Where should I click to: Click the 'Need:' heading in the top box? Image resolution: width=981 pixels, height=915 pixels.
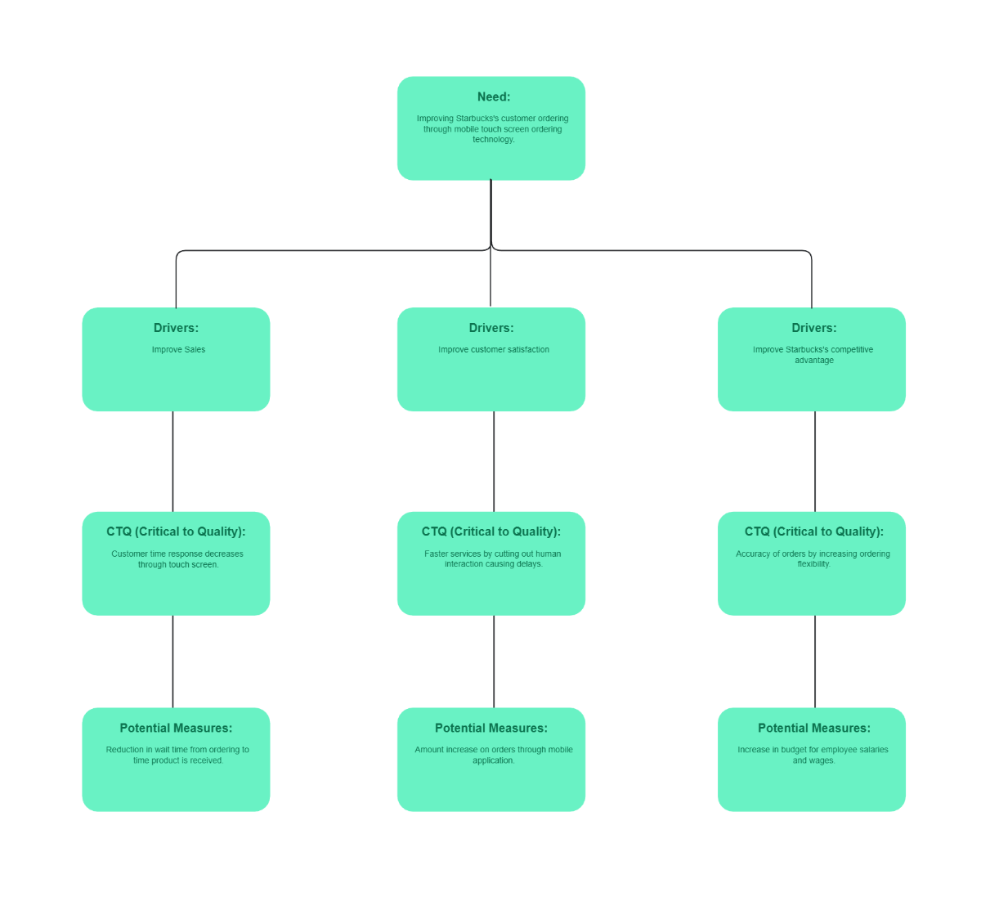click(494, 96)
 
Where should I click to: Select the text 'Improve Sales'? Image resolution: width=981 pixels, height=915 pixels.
click(178, 350)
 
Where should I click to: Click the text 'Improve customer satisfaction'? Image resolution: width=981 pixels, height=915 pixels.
click(494, 350)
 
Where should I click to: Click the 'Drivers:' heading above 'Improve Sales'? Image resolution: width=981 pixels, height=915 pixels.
click(176, 328)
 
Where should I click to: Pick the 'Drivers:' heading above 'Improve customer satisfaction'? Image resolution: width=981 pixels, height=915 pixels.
click(491, 328)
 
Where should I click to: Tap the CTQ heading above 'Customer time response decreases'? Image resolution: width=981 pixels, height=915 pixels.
click(176, 532)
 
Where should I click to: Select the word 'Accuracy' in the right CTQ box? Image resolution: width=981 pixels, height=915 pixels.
click(753, 554)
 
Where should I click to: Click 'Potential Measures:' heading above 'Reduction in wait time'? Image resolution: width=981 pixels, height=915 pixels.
click(176, 728)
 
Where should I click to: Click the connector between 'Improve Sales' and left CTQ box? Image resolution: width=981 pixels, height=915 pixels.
click(172, 461)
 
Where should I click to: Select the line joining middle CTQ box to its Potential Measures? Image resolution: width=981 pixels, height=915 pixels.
click(494, 661)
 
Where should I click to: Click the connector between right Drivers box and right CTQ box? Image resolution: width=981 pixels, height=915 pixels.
click(815, 461)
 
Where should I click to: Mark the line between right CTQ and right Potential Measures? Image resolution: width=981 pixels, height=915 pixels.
click(815, 661)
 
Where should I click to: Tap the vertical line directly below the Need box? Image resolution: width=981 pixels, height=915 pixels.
click(490, 213)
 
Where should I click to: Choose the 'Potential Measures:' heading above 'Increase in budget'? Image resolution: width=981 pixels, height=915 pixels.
click(814, 728)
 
